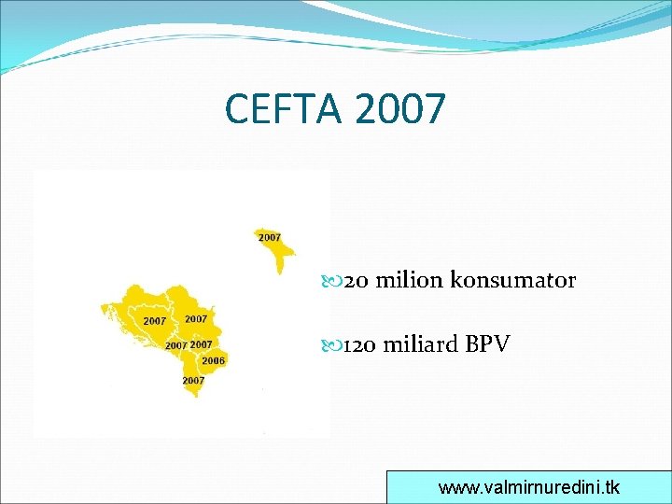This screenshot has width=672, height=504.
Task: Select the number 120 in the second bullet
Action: pos(359,344)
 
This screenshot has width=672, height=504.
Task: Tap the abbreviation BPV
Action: pos(487,344)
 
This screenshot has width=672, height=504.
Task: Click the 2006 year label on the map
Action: pos(213,360)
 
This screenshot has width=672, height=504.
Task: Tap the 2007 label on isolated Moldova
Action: pos(269,238)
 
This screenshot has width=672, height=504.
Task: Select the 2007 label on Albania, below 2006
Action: pos(193,381)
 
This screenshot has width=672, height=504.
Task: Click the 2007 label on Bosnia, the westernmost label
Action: pos(155,321)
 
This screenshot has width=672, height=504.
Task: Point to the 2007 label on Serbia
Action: pos(196,319)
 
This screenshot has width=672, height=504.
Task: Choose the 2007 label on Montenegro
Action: pos(175,345)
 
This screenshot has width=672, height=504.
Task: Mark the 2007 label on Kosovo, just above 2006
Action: pos(201,345)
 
